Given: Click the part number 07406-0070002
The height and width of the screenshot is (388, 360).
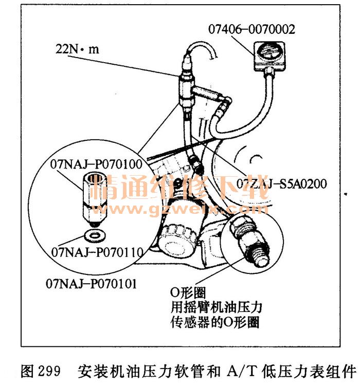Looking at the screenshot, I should tap(252, 29).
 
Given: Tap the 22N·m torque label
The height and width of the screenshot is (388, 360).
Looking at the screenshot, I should tap(77, 50).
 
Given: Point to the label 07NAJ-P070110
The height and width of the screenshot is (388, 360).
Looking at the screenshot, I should tap(97, 252).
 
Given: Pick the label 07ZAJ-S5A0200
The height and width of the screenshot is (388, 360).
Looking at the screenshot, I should tap(281, 183).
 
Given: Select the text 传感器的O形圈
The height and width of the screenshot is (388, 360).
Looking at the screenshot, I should tap(214, 322).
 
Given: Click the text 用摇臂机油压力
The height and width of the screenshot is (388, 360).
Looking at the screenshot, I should tap(216, 308).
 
